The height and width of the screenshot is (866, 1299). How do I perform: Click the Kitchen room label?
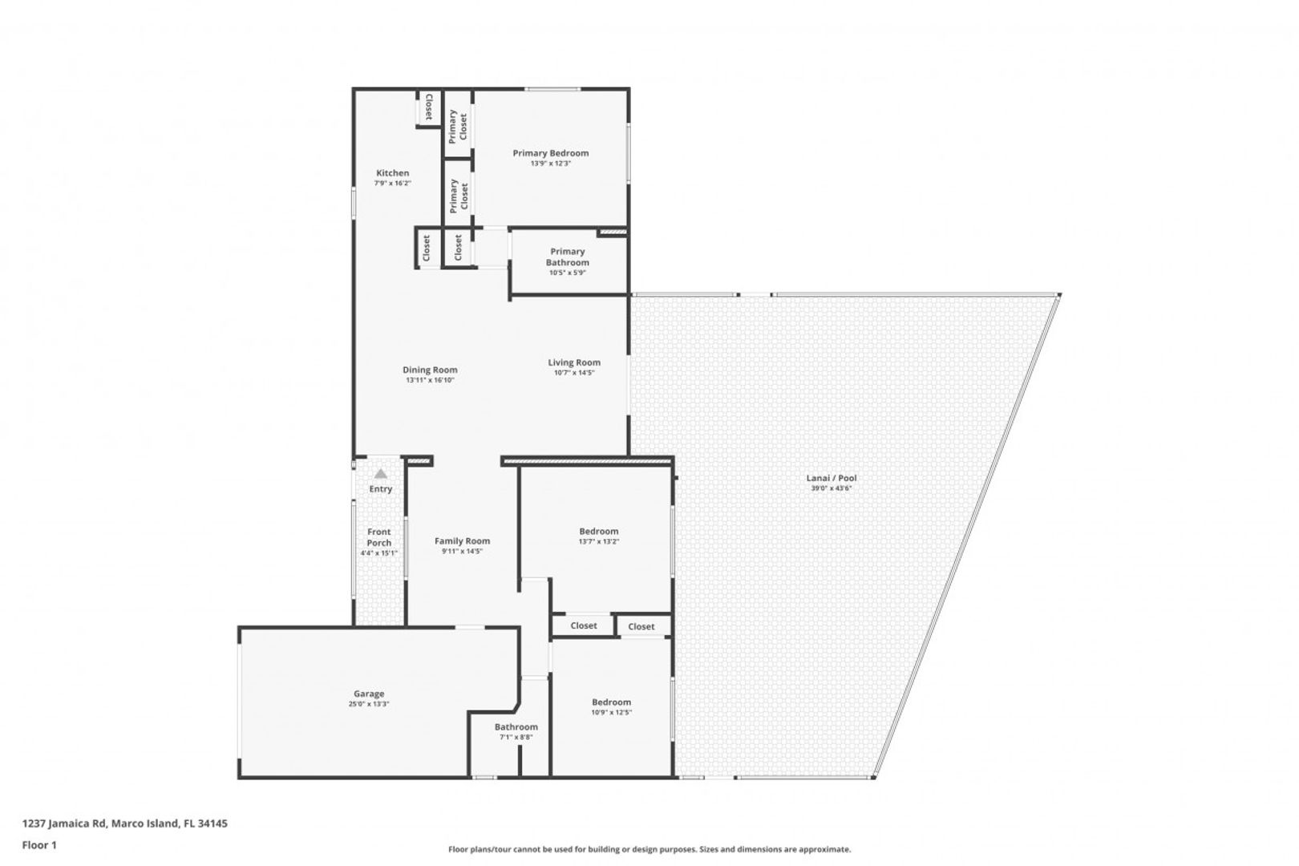(x=393, y=173)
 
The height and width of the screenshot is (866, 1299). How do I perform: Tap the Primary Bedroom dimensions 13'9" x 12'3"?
(x=550, y=164)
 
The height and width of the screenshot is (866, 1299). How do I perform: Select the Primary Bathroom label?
(x=567, y=257)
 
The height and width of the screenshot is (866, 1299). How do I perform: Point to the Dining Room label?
(x=430, y=370)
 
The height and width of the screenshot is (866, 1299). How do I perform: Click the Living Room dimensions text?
(x=574, y=373)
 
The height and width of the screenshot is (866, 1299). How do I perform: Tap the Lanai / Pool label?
(x=831, y=478)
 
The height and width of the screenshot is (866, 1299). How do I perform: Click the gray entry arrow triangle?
(x=380, y=473)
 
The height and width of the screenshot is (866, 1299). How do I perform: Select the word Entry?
(x=380, y=489)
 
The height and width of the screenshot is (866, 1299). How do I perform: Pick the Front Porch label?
(x=379, y=537)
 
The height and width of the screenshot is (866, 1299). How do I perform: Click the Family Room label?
(x=462, y=541)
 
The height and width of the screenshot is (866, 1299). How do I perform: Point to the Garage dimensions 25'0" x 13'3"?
(x=369, y=704)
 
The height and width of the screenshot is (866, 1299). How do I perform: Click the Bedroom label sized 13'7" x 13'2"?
(x=599, y=532)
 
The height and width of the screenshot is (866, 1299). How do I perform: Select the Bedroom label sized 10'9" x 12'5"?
(x=611, y=702)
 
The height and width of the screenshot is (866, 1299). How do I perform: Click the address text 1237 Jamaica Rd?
(x=64, y=823)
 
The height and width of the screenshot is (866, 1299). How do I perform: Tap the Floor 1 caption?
(x=39, y=845)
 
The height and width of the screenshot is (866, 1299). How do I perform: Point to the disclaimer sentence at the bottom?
(x=649, y=849)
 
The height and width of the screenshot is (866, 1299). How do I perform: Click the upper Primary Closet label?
(x=458, y=127)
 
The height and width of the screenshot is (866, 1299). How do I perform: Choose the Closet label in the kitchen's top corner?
(x=428, y=107)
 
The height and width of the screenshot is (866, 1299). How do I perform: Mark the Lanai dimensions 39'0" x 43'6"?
(x=831, y=488)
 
